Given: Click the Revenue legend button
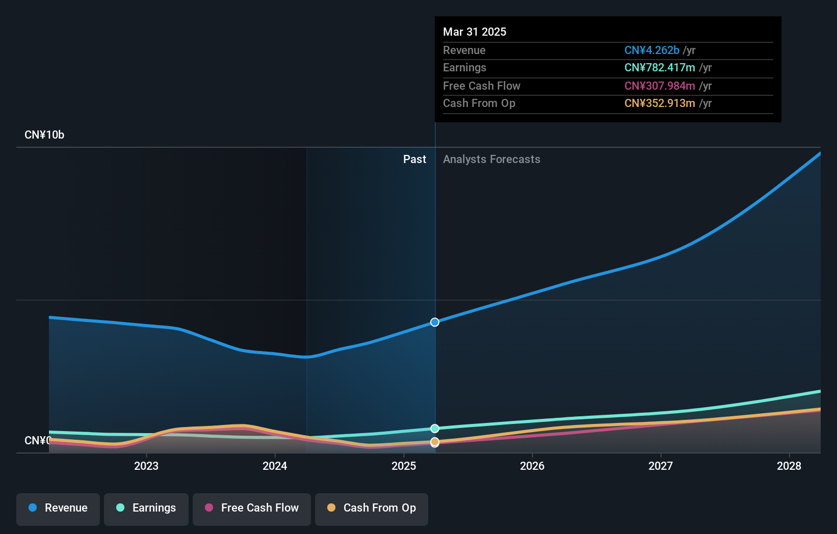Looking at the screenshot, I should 58,508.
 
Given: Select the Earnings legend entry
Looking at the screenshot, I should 146,508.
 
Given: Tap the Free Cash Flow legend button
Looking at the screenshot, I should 252,508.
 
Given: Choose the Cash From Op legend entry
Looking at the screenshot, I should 372,508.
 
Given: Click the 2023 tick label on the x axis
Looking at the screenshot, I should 146,466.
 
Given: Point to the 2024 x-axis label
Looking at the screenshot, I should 275,466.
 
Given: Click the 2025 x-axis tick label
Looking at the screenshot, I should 404,466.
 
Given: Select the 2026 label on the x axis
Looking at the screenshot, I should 532,466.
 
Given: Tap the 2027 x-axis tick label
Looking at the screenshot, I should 661,466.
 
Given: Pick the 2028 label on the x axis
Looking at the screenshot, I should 789,466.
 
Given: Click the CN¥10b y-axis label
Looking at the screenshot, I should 44,135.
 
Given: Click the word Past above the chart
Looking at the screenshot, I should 414,159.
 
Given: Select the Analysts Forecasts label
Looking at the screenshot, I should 491,159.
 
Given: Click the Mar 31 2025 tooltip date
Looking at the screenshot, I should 475,32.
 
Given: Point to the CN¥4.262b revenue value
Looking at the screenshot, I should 652,50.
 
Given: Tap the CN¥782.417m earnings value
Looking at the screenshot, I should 660,68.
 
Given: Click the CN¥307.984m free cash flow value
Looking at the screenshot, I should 660,86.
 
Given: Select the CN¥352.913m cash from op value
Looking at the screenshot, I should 660,103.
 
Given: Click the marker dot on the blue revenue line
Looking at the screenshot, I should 435,322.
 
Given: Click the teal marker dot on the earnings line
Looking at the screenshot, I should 435,429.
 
